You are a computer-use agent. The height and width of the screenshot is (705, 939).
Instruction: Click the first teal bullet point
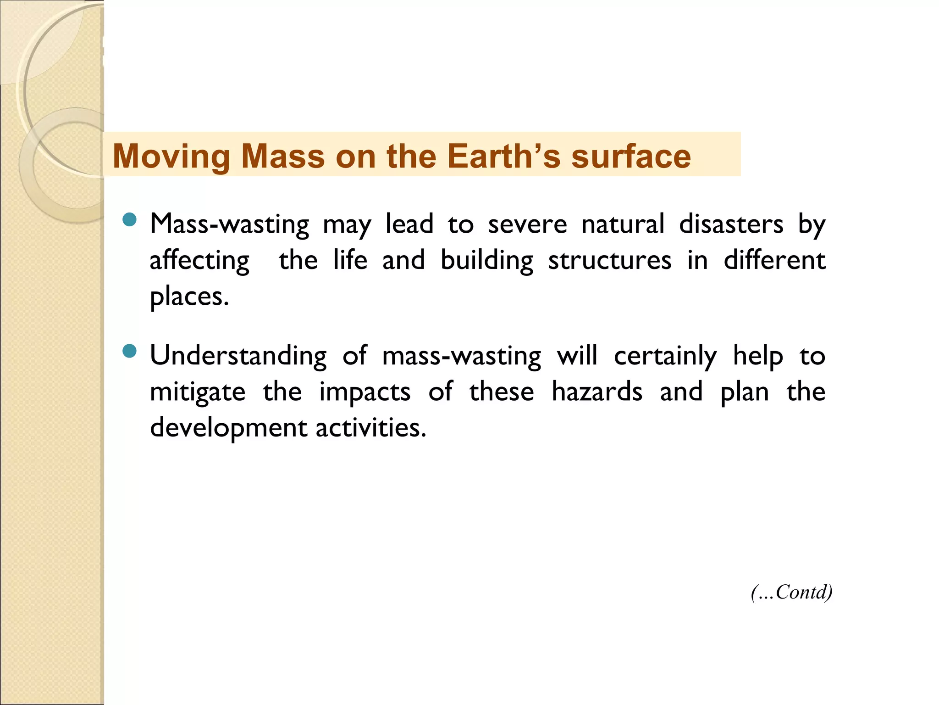click(130, 219)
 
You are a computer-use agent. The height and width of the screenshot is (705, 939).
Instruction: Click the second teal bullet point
click(130, 351)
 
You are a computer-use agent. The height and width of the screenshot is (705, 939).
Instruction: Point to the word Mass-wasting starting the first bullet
click(230, 225)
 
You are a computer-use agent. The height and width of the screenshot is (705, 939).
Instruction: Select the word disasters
click(731, 224)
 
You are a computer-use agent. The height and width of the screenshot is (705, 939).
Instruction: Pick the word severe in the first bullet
click(527, 225)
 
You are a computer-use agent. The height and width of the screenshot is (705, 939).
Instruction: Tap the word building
click(487, 261)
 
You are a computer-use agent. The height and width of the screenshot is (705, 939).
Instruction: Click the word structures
click(610, 261)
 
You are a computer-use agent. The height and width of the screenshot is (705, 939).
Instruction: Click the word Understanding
click(238, 356)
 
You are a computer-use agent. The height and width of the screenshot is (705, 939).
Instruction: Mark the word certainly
click(665, 356)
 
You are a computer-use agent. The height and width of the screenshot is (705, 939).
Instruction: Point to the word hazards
click(597, 392)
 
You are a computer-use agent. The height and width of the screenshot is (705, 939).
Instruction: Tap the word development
click(228, 428)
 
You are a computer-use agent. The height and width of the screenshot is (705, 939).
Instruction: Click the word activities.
click(370, 428)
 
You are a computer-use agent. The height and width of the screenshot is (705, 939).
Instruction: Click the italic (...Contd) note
click(791, 592)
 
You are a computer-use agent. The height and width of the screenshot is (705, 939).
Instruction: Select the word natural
click(623, 224)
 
